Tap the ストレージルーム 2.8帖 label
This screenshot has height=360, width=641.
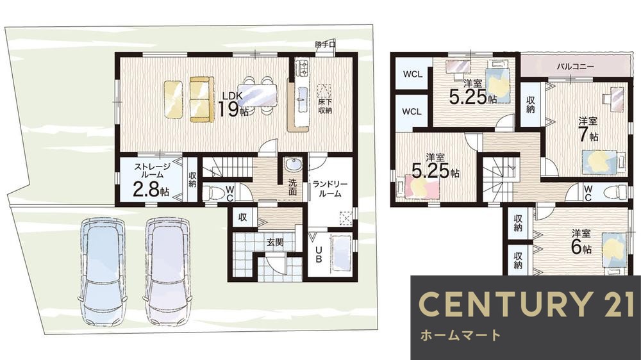[x=151, y=179]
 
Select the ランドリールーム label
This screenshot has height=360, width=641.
[x=330, y=188]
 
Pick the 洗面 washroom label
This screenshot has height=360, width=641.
[x=292, y=186]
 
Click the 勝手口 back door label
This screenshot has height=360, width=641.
[x=325, y=45]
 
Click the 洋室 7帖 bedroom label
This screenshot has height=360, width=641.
[x=588, y=129]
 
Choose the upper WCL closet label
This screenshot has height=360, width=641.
[x=412, y=74]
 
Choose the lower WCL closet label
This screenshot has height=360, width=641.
[x=412, y=111]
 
